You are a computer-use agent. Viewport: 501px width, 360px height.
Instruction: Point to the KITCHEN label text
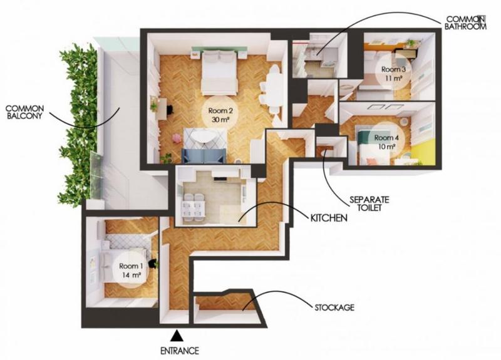tap(328, 219)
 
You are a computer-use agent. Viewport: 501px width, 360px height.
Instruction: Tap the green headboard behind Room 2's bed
tap(218, 54)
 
